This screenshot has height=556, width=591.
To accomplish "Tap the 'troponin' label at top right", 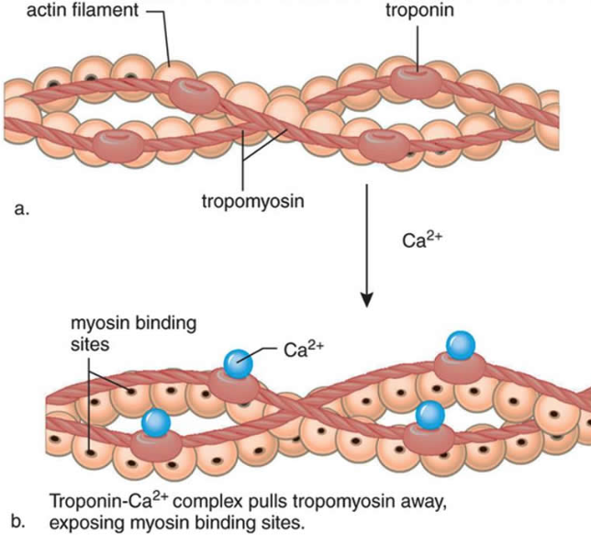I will point(418,11).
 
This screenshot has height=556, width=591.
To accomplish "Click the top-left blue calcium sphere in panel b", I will point(240,363).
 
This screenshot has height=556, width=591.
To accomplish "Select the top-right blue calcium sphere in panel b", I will point(461,345).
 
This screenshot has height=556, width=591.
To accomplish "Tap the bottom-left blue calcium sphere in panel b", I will point(156,423).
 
